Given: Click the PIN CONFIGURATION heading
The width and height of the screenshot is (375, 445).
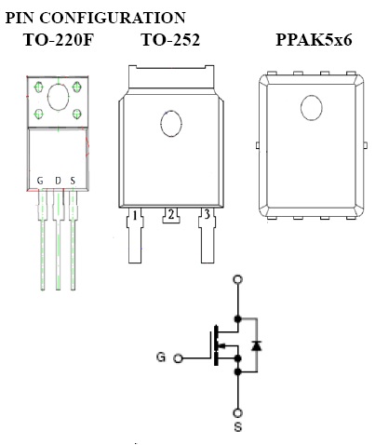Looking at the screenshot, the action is click(x=96, y=18).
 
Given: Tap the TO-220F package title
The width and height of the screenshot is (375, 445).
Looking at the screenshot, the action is click(x=59, y=40).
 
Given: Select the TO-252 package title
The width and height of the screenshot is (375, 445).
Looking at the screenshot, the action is click(x=170, y=40).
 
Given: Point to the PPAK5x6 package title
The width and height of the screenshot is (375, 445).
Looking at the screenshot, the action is click(x=314, y=40).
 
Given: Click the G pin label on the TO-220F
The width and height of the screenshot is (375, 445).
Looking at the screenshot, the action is click(x=40, y=181).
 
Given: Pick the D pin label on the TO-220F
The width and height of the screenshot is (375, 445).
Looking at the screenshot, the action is click(x=58, y=181).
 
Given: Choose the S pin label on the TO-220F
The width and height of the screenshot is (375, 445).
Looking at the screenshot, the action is click(x=73, y=181).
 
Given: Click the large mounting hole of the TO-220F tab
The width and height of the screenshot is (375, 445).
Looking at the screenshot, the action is click(x=58, y=97).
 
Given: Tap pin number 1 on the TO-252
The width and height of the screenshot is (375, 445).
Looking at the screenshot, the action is click(x=135, y=215).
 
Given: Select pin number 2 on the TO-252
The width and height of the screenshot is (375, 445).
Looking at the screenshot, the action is click(x=171, y=214).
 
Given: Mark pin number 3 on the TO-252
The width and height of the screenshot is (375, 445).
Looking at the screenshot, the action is click(x=207, y=214).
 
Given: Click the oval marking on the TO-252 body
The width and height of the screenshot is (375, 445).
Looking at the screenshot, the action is click(x=171, y=123).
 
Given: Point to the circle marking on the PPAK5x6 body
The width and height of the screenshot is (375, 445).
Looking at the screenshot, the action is click(x=312, y=108).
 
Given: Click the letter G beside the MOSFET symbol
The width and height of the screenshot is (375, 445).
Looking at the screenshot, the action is click(x=161, y=357).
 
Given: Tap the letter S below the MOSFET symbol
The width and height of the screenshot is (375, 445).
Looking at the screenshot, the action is click(x=238, y=427).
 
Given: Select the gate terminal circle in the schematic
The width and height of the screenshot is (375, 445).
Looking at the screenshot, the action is click(x=178, y=358).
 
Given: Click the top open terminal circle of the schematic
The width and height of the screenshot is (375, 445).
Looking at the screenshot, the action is click(x=238, y=279).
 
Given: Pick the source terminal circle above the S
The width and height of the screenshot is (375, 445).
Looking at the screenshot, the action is click(x=238, y=412).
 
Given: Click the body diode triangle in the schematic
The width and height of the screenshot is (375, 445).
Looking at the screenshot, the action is click(x=256, y=345).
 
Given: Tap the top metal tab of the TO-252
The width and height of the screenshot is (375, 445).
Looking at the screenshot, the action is click(x=171, y=77).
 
